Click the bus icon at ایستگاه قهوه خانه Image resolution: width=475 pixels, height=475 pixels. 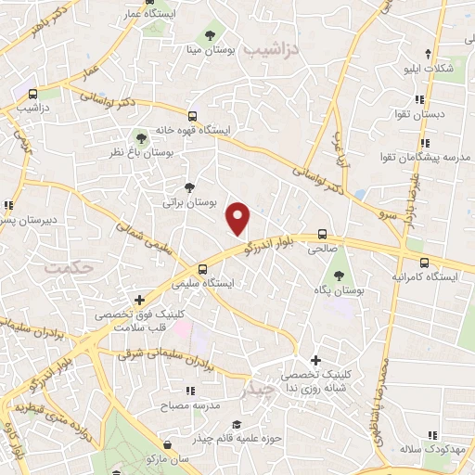pos(192,117)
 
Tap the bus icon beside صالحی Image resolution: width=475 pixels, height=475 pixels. pos(322,234)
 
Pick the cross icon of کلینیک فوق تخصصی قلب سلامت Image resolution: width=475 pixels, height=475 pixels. pos(139,300)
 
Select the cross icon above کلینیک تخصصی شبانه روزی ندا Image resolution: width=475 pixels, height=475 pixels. pos(315,360)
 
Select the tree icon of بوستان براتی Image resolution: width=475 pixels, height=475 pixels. pos(190,186)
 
